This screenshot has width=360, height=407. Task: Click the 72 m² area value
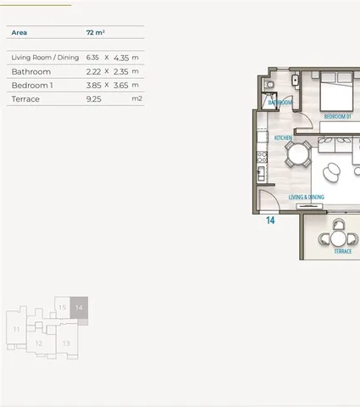(x=96, y=32)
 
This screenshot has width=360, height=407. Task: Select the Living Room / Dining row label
(x=45, y=58)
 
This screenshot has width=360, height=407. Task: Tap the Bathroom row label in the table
(x=31, y=72)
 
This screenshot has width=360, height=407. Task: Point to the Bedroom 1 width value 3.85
(x=93, y=86)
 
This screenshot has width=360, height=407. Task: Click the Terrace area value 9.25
(x=93, y=99)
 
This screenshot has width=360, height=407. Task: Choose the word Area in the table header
(x=19, y=32)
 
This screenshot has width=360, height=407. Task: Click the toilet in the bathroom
(x=269, y=84)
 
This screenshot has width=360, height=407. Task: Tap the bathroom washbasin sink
(x=295, y=80)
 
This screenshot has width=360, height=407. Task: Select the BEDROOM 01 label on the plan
(x=337, y=116)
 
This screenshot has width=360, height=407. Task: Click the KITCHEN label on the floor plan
(x=283, y=137)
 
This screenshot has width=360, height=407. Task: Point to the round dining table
(x=298, y=154)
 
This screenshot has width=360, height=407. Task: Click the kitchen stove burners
(x=262, y=157)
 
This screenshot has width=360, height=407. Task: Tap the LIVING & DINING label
(x=306, y=197)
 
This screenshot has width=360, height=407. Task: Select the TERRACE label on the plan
(x=343, y=251)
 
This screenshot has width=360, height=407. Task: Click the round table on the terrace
(x=338, y=239)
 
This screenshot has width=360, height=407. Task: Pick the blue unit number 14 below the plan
(x=270, y=220)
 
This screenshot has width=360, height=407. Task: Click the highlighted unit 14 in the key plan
(x=79, y=308)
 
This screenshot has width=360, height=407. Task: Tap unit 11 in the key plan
(x=16, y=329)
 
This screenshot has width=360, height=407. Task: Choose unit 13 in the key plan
(x=66, y=343)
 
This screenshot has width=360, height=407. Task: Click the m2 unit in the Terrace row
(x=137, y=98)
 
